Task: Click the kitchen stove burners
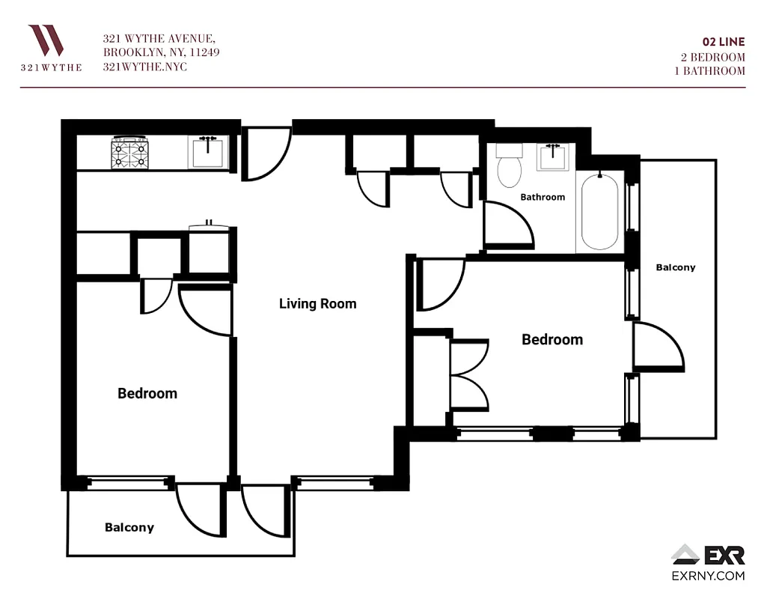click(x=129, y=153)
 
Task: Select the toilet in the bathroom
click(x=510, y=166)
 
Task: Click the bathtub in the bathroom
click(x=599, y=212)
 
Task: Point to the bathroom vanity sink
click(x=553, y=157)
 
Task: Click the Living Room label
click(x=317, y=303)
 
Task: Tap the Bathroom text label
click(x=543, y=197)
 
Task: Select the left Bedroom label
click(x=147, y=393)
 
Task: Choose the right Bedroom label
click(x=551, y=339)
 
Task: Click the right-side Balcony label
click(x=675, y=267)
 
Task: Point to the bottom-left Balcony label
click(x=129, y=527)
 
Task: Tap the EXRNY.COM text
click(x=707, y=576)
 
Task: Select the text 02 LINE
click(x=724, y=42)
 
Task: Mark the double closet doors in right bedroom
click(x=468, y=375)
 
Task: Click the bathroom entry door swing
click(x=507, y=225)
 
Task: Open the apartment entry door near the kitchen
click(x=266, y=153)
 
